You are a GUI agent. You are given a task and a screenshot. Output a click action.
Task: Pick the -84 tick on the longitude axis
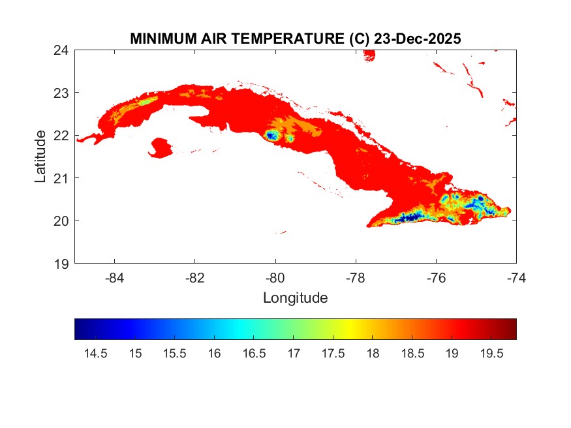(x=115, y=277)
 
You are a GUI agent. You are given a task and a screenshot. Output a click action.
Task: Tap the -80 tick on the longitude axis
(x=275, y=277)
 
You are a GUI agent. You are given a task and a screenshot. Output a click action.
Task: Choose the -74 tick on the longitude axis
(x=516, y=277)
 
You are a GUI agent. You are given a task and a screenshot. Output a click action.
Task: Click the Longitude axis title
(x=295, y=298)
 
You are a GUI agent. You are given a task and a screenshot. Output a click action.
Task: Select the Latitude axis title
(x=40, y=157)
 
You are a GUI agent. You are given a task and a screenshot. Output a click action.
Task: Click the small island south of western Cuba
(x=160, y=147)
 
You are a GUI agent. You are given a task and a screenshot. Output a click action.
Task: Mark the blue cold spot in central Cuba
(x=271, y=136)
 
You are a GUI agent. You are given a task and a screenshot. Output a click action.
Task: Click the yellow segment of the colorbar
(x=352, y=329)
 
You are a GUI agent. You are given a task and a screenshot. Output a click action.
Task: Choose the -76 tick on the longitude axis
(x=436, y=277)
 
